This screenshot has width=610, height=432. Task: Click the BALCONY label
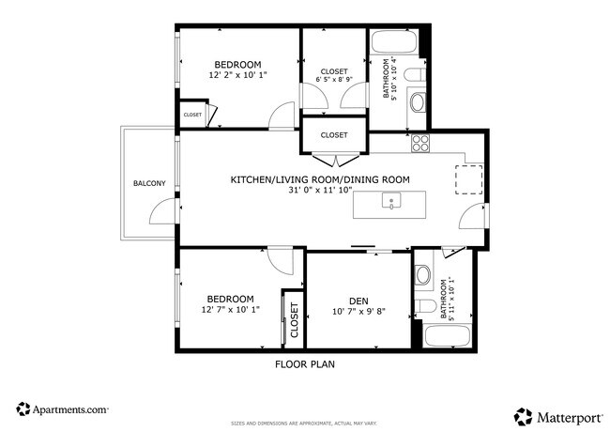pos(149,183)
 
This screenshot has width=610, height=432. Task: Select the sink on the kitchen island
pos(389,200)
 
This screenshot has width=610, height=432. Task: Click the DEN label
pos(358,301)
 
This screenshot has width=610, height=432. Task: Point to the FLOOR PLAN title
pos(304,363)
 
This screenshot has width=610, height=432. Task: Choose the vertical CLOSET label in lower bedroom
pos(293,321)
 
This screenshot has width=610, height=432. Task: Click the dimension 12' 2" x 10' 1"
pos(238,75)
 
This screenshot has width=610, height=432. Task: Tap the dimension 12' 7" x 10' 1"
pos(230,310)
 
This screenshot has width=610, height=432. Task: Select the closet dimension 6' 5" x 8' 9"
pos(334,81)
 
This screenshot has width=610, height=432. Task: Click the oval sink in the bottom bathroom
pos(423,275)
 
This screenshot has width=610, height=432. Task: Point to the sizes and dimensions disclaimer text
pos(304,423)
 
